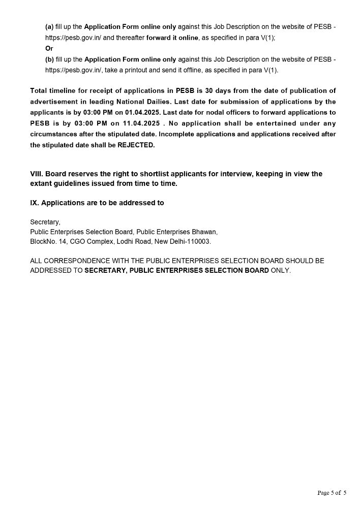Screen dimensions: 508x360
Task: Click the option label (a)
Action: point(50,26)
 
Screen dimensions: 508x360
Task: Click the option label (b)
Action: point(50,59)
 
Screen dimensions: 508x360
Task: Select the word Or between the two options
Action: point(49,48)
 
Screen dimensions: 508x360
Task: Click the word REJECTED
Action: point(136,145)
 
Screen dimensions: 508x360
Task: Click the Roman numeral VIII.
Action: point(36,174)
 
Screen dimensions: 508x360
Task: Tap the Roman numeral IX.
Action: point(34,203)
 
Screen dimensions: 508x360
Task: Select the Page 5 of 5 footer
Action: point(332,492)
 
